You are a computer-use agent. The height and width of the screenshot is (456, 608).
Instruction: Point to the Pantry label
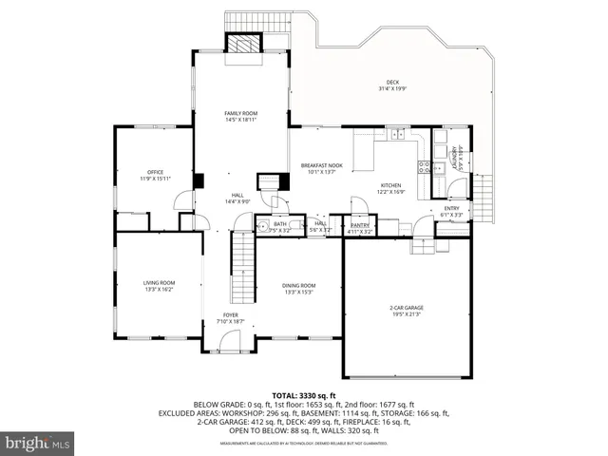point(360,227)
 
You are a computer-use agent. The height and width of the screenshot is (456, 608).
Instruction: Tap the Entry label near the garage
point(451,211)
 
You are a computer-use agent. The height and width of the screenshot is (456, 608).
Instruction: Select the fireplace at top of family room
point(240,44)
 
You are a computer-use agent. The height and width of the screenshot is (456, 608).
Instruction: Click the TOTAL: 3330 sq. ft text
point(304,395)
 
